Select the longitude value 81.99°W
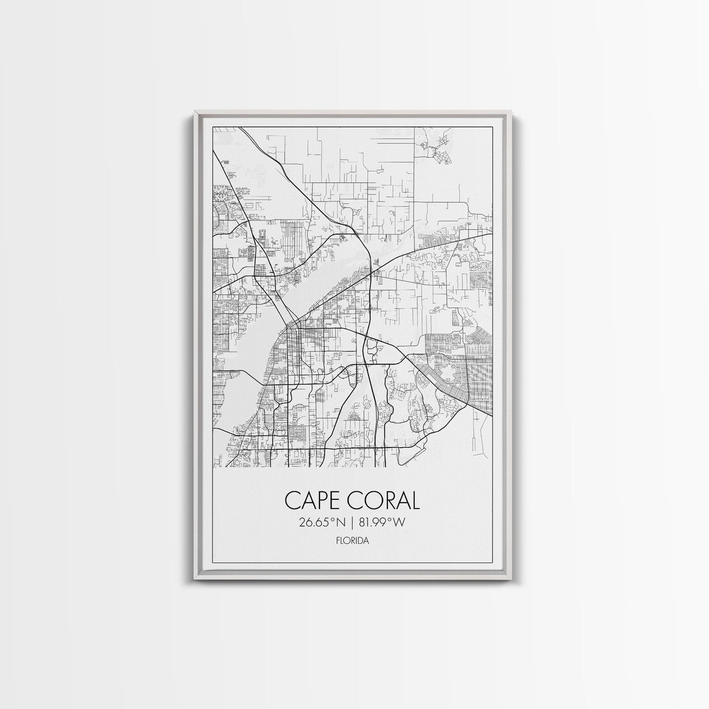[x=382, y=523]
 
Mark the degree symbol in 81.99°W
[x=391, y=520]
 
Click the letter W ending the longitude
[x=399, y=523]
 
